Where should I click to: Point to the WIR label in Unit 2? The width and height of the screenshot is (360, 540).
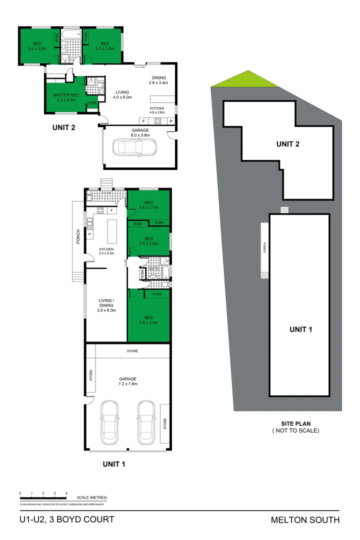[92, 103]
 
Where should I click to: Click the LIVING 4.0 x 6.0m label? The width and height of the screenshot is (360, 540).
[122, 95]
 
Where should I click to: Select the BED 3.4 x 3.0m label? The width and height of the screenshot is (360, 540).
[37, 46]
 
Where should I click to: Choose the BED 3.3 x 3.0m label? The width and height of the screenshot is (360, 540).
[104, 46]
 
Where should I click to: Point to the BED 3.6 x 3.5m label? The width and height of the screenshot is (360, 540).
[148, 320]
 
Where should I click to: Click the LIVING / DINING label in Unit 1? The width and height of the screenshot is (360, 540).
[106, 305]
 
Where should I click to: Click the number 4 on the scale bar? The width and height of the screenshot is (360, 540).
[66, 493]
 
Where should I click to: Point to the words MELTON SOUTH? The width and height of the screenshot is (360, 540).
[305, 520]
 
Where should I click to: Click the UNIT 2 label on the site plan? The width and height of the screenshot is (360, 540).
[287, 144]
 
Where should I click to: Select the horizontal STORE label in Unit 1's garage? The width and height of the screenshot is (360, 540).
[132, 351]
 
